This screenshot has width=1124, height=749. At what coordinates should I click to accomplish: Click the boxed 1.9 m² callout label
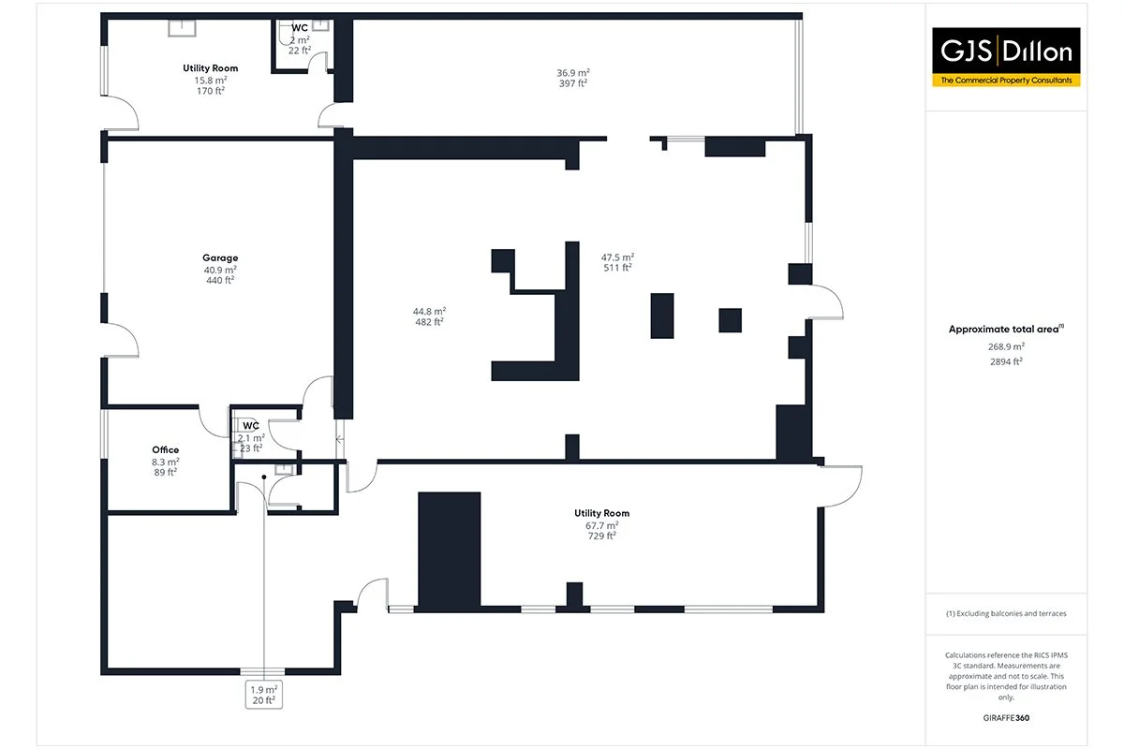(x=263, y=695)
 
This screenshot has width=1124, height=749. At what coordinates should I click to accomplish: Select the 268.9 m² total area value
(x=1007, y=345)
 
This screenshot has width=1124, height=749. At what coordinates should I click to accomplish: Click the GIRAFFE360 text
(x=1007, y=719)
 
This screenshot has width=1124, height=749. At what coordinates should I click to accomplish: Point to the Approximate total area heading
(x=1007, y=330)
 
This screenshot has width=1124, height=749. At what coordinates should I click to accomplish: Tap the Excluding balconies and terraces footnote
(x=1007, y=613)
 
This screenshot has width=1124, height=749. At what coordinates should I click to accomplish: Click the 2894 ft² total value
(x=1007, y=360)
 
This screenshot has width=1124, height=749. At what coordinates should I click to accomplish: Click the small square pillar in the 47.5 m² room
(x=731, y=320)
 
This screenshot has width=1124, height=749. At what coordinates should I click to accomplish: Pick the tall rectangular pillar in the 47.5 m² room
(x=662, y=316)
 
